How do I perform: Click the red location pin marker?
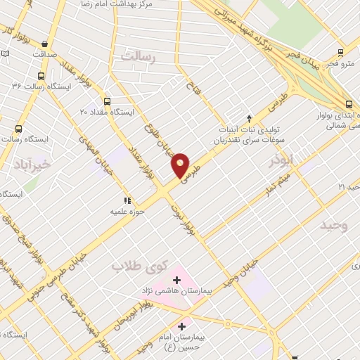click(x=181, y=165)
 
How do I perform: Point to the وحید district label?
click(x=334, y=226)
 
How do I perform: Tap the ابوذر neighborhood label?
click(x=287, y=161)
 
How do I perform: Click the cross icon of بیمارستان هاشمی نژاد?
click(x=176, y=281)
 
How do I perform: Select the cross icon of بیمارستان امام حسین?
click(x=182, y=326)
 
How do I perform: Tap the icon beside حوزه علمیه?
click(x=127, y=200)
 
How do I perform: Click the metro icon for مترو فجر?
click(x=341, y=52)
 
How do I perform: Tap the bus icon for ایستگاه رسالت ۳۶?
click(x=41, y=75)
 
